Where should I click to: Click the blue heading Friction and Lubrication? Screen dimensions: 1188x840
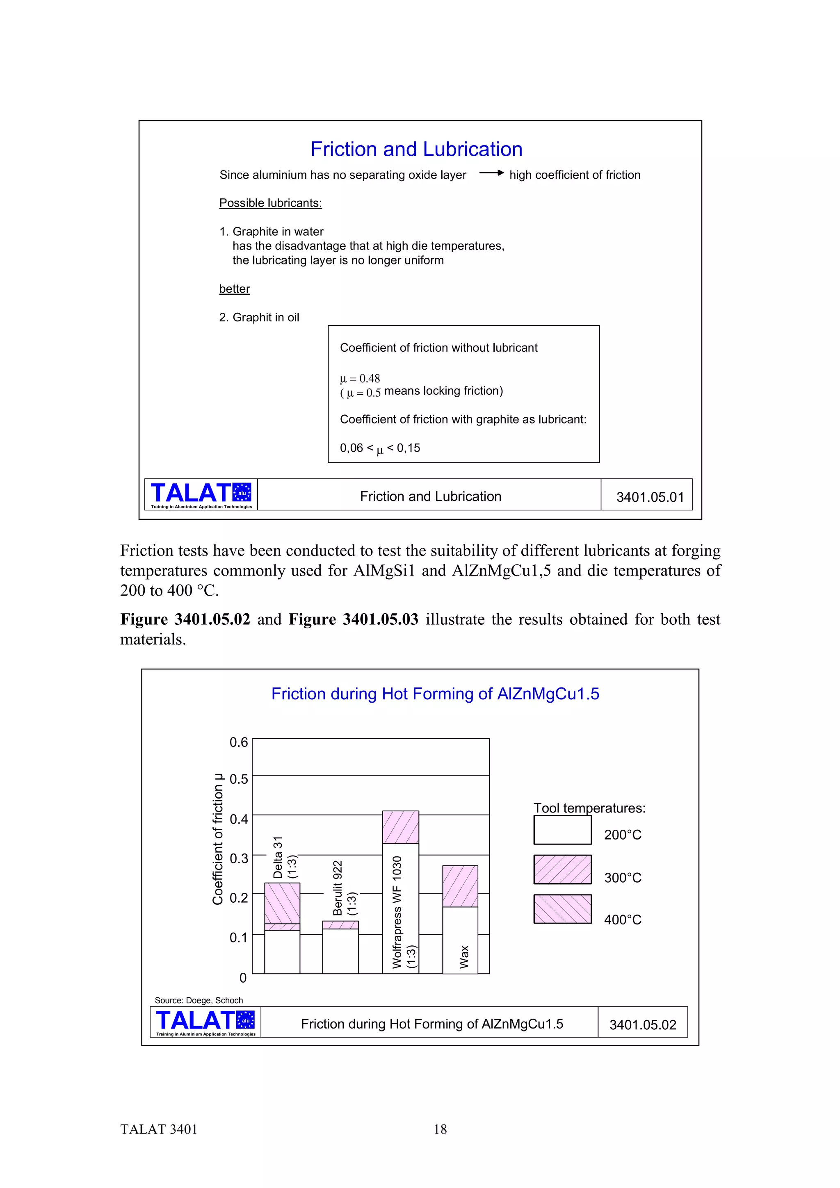416,149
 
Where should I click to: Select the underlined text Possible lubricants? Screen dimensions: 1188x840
270,203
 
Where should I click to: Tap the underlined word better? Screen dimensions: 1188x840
235,289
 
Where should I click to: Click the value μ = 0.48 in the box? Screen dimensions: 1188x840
360,378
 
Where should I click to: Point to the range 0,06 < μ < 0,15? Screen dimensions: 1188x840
380,448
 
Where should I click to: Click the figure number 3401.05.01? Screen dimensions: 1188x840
650,497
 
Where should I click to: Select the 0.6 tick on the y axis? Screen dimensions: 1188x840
239,742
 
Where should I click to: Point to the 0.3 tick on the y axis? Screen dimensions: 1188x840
239,858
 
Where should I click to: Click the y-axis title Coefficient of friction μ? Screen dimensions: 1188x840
218,839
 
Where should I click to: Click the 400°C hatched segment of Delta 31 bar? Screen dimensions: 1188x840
282,903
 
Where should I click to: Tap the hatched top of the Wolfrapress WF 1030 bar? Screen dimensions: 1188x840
400,827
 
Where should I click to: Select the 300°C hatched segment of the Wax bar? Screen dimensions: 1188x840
460,886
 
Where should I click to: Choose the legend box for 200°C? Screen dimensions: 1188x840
562,831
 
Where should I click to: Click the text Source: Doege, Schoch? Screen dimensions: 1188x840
199,1000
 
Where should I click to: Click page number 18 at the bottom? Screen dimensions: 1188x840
440,1129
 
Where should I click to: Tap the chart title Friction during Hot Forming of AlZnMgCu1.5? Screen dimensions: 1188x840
435,694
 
